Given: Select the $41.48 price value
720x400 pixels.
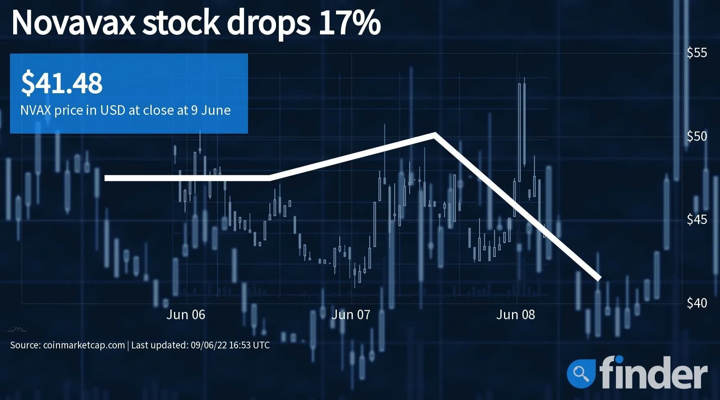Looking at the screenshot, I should click(62, 83).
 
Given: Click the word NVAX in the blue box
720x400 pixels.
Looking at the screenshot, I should click(36, 110).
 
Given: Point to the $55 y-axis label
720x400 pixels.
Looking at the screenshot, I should click(697, 53).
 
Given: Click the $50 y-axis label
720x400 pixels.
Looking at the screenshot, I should click(697, 136).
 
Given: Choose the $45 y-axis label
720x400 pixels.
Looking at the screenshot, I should click(697, 220).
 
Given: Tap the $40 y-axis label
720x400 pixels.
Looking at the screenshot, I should click(697, 303).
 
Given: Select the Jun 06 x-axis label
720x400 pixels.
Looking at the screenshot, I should click(186, 315).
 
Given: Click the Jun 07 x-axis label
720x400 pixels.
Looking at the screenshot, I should click(351, 315).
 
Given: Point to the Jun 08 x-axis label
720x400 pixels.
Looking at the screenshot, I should click(516, 315).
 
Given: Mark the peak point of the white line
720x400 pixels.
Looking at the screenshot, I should click(434, 134).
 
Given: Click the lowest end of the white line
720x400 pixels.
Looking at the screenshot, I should click(599, 278).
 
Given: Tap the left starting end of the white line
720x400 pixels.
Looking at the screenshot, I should click(106, 178).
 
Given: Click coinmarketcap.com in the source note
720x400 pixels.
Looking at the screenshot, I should click(84, 345).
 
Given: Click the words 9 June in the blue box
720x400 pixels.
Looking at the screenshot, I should click(211, 110).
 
